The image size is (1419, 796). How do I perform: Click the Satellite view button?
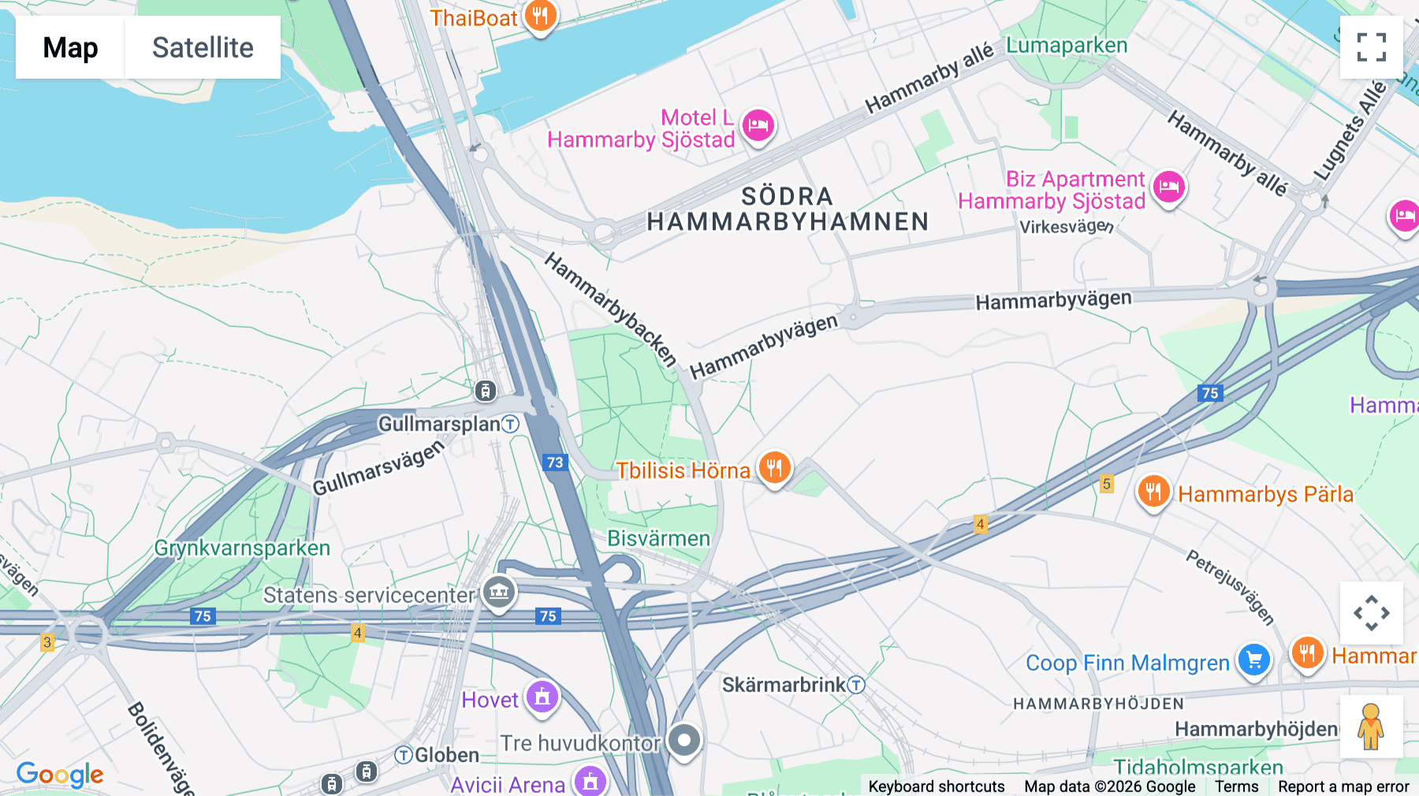pos(203,47)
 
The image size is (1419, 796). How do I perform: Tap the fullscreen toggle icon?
pos(1371,47)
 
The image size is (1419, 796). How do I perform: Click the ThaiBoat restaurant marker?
pos(540,15)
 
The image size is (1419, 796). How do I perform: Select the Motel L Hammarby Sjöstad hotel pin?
pos(758,125)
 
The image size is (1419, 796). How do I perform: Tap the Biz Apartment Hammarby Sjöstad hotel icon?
pos(1169,188)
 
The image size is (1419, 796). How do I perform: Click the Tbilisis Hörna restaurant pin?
pos(774,467)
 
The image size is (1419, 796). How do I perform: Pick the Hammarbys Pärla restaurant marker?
pos(1153,492)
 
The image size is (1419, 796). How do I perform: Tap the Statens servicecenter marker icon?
pos(499,592)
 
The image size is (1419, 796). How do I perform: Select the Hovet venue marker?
pos(542,697)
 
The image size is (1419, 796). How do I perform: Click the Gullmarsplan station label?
pos(440,424)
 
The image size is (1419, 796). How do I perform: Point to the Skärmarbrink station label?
pos(784,685)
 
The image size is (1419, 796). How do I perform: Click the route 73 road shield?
pos(555,463)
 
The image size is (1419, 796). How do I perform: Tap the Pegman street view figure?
pos(1371,727)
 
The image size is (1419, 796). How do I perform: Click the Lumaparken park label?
pos(1066,46)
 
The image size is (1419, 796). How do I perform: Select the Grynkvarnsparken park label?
pos(242,548)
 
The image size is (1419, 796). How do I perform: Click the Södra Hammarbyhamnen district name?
pos(788,209)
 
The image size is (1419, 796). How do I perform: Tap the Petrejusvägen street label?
pos(1230,587)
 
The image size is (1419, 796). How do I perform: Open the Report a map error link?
pos(1343,787)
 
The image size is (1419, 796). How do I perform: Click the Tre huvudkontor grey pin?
pos(683,740)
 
